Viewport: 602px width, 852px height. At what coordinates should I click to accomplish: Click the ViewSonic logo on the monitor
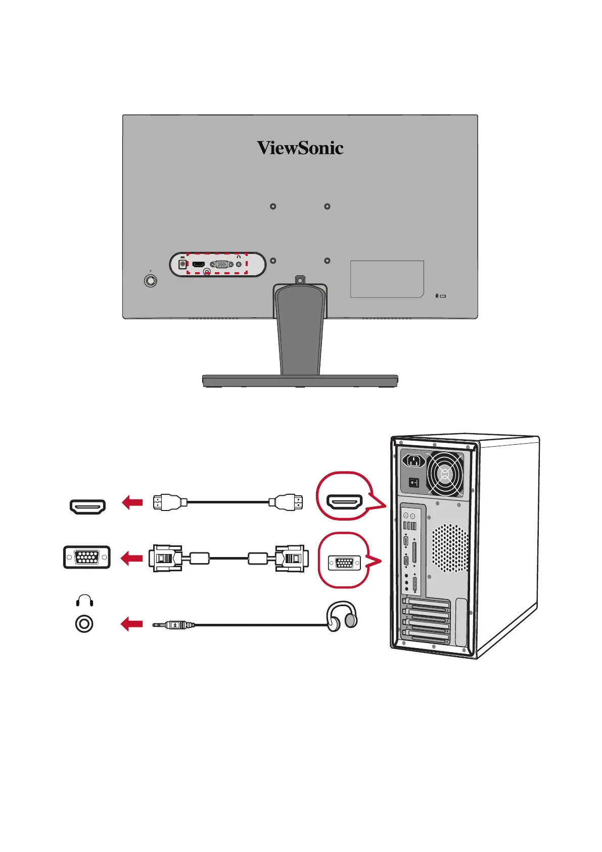(300, 148)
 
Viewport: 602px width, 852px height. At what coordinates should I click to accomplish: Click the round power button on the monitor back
(151, 280)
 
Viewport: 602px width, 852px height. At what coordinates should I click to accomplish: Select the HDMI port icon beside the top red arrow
(87, 506)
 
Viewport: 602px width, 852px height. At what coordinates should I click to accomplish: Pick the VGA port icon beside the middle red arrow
(87, 558)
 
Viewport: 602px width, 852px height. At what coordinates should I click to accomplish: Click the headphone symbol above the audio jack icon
(84, 601)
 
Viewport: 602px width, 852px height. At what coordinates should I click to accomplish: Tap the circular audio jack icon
(84, 624)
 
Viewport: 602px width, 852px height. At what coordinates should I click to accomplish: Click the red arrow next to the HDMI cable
(132, 502)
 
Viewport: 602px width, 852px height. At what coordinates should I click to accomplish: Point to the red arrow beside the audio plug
(131, 624)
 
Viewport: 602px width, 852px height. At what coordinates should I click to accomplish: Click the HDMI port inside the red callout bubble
(345, 502)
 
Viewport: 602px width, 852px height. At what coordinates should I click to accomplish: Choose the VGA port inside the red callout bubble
(344, 563)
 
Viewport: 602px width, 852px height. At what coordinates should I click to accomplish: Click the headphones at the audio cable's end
(342, 616)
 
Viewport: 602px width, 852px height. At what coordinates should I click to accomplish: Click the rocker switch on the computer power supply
(414, 483)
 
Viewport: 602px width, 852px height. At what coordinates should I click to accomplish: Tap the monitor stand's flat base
(300, 380)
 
